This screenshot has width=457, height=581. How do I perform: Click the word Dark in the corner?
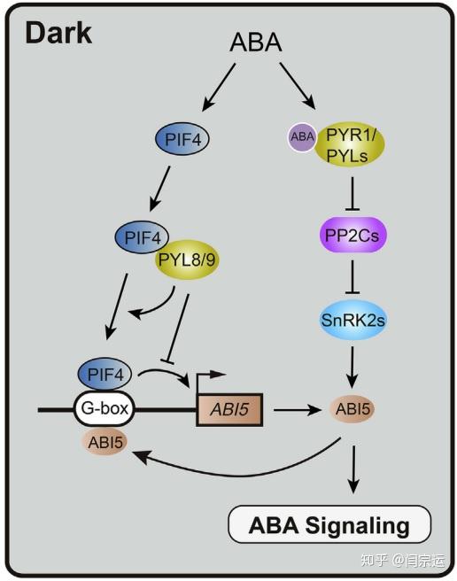click(x=58, y=34)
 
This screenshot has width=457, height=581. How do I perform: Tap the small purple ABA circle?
click(x=301, y=136)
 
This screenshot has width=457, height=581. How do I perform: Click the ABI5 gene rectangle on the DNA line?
click(x=229, y=411)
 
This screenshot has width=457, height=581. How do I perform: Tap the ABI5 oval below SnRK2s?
click(x=352, y=410)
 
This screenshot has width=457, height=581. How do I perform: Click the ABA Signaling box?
click(x=329, y=525)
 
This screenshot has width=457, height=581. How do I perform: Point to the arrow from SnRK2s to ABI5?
click(x=354, y=365)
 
